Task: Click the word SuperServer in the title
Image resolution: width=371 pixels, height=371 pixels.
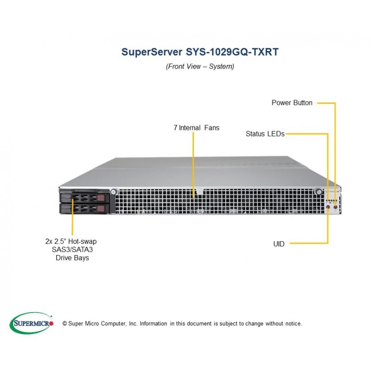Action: click(x=152, y=52)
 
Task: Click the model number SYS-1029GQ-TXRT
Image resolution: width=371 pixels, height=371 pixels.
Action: click(x=232, y=52)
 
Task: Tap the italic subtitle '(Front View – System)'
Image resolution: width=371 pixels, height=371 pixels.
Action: click(x=200, y=66)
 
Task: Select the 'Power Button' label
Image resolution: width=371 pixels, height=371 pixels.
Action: click(x=292, y=102)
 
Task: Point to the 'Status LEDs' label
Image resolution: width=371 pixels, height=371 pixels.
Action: click(x=265, y=134)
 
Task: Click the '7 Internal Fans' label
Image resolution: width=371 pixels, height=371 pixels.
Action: click(x=196, y=128)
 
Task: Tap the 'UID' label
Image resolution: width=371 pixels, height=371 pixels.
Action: click(x=279, y=244)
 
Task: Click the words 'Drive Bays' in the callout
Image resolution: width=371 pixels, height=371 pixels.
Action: click(x=72, y=258)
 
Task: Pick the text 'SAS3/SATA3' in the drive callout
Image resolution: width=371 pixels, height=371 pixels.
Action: click(x=72, y=249)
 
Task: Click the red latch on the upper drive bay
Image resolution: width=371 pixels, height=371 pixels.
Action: click(x=101, y=198)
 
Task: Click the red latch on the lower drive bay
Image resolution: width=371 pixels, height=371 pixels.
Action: click(x=101, y=209)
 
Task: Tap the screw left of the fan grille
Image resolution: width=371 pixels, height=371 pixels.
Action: click(x=114, y=191)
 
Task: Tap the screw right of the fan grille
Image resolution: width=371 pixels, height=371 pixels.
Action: click(x=319, y=191)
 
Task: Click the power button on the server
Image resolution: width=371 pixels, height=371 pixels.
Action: click(x=335, y=207)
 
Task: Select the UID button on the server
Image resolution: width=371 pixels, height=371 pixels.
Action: click(x=328, y=207)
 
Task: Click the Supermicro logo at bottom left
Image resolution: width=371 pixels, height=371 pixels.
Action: click(x=32, y=323)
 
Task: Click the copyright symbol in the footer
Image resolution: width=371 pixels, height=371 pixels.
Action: click(x=64, y=323)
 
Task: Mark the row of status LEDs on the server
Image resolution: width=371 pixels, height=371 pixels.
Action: click(x=332, y=200)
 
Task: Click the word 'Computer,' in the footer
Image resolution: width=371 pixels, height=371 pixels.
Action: click(x=114, y=324)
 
